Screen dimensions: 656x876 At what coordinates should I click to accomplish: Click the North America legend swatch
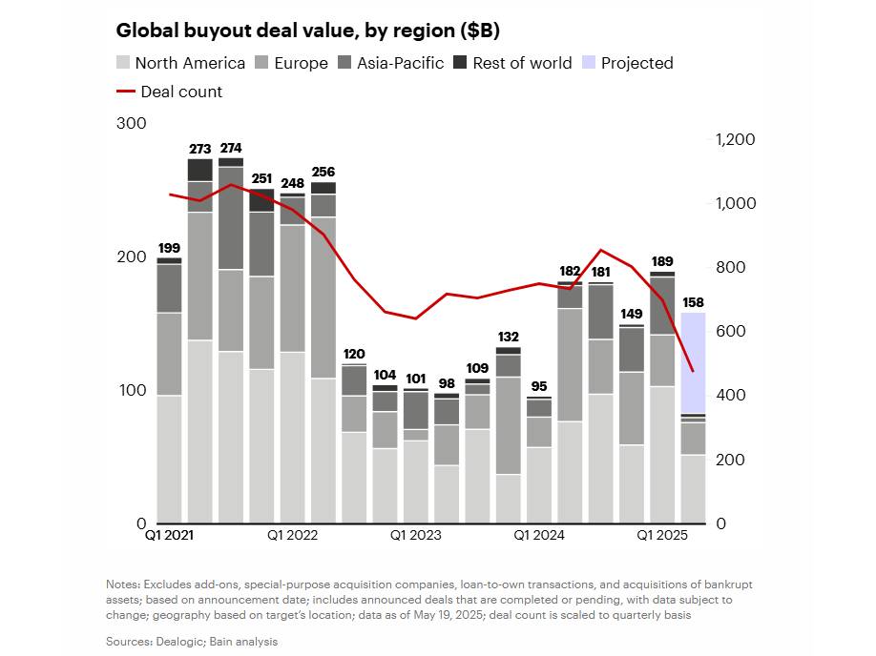click(123, 63)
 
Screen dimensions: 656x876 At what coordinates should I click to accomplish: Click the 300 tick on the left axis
click(131, 124)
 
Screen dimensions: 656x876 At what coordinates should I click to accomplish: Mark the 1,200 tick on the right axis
click(735, 139)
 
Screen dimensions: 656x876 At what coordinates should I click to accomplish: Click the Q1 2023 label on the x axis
click(416, 536)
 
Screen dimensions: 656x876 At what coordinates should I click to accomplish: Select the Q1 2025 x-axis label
click(662, 536)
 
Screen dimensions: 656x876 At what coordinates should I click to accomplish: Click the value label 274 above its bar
click(231, 149)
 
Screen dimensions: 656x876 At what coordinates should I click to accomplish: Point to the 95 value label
click(539, 387)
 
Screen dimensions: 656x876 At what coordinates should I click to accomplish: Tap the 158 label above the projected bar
click(693, 303)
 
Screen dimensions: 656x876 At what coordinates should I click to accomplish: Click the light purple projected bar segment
click(693, 362)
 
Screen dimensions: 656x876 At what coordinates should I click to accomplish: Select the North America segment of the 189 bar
click(662, 454)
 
